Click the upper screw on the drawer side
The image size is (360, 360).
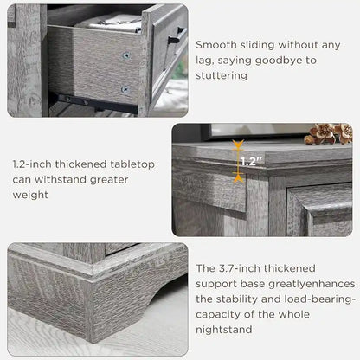click(125, 55)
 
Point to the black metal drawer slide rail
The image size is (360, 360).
click(87, 101)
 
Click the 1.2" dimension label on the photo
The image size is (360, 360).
click(249, 161)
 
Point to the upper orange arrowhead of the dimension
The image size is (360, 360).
click(238, 149)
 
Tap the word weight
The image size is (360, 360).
click(30, 195)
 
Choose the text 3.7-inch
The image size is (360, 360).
click(239, 267)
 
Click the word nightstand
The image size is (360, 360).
click(224, 330)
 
